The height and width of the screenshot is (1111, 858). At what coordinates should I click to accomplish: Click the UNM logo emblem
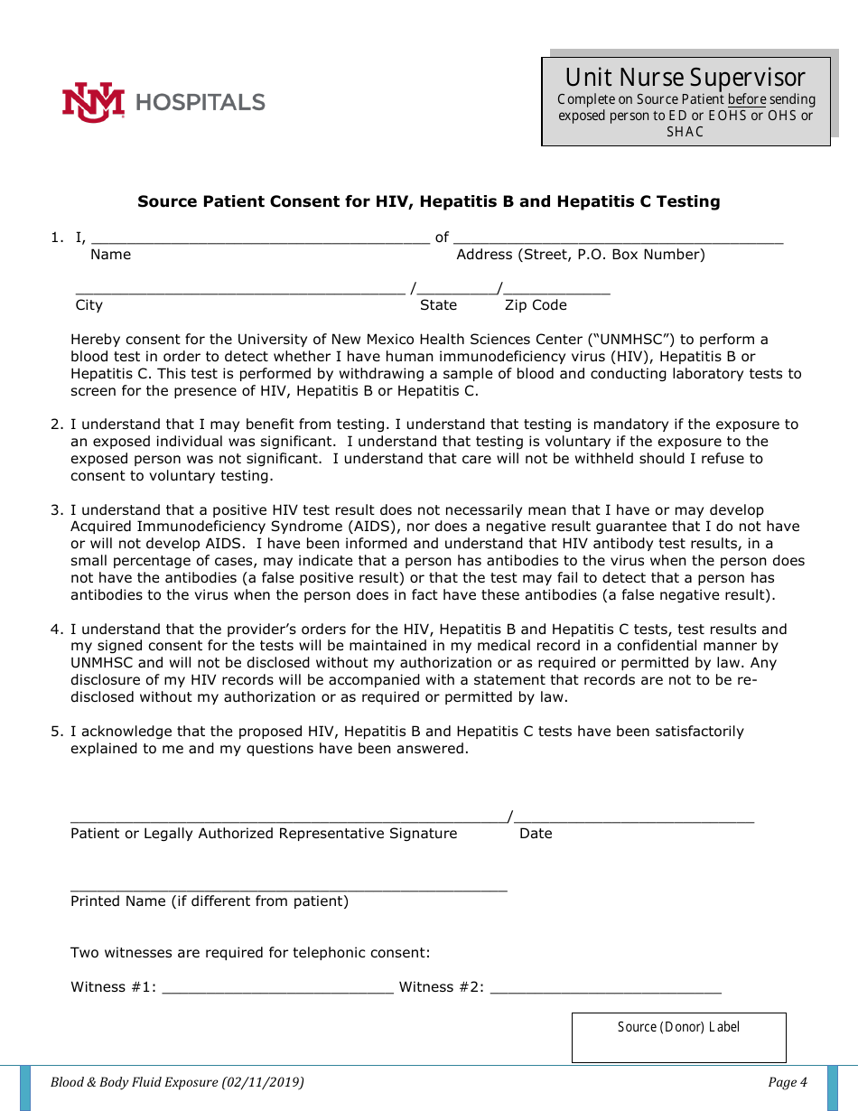[x=92, y=102]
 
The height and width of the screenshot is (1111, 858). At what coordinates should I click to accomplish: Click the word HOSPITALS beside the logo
[x=200, y=102]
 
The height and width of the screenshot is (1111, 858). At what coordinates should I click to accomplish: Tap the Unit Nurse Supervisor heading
[x=685, y=78]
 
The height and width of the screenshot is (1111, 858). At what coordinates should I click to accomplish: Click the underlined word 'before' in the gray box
[x=747, y=99]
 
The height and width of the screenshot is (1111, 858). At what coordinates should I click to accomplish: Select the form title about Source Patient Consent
[x=428, y=201]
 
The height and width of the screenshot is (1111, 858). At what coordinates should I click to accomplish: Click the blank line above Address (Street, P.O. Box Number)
[x=618, y=240]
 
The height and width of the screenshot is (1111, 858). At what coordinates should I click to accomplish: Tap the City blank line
[x=239, y=291]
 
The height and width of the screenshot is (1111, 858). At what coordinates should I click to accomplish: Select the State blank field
[x=457, y=291]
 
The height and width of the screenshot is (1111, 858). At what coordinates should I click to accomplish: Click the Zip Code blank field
[x=555, y=291]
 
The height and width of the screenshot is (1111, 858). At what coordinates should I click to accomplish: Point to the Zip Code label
[x=536, y=305]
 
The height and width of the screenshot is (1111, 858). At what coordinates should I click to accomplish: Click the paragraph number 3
[x=56, y=510]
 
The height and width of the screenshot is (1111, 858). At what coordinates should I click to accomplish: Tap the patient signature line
[x=288, y=818]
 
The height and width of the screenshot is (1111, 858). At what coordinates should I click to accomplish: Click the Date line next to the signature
[x=633, y=818]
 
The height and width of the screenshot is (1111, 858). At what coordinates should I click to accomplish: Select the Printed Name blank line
[x=288, y=887]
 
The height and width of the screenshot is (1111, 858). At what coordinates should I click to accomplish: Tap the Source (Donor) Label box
[x=678, y=1037]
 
